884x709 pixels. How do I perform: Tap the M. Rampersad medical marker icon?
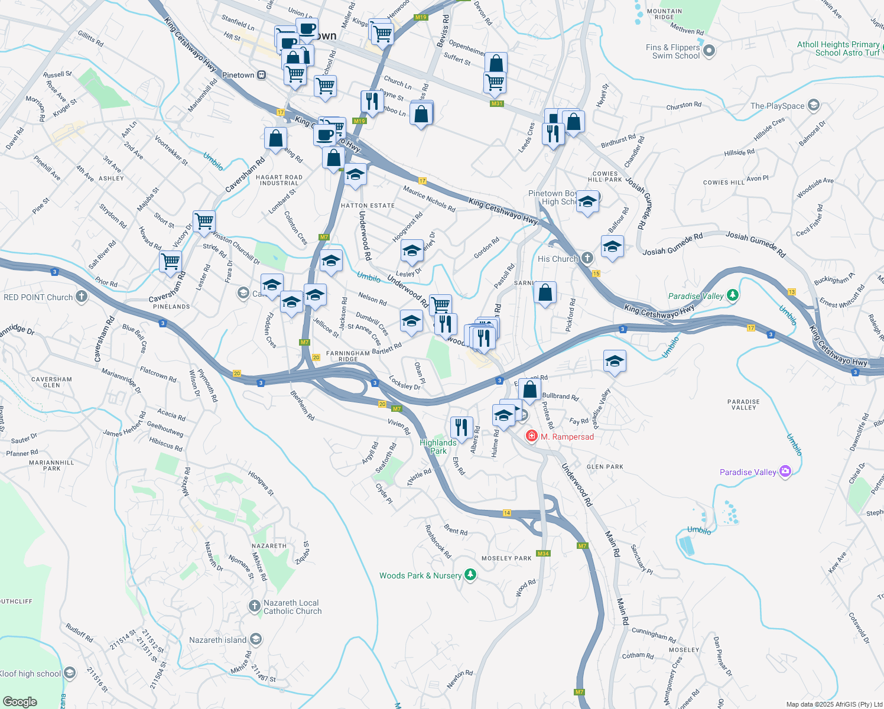(x=531, y=436)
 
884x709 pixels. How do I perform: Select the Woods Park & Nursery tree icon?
(x=470, y=575)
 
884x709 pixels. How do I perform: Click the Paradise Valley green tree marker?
(x=732, y=295)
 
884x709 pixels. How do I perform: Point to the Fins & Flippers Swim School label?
(x=672, y=51)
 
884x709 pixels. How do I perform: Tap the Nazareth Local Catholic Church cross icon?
(x=254, y=606)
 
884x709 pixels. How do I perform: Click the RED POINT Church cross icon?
(x=81, y=297)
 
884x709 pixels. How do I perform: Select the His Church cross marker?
(x=587, y=258)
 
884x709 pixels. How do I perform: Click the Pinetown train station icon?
(x=262, y=75)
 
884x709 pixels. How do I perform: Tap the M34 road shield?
(x=542, y=554)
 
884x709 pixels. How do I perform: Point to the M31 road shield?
(x=496, y=104)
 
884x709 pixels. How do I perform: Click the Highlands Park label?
(x=438, y=447)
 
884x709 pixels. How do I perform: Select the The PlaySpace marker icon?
(x=813, y=106)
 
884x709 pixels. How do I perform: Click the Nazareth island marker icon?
(x=255, y=639)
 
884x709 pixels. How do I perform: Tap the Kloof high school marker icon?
(x=69, y=673)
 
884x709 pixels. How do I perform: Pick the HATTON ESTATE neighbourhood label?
(x=368, y=206)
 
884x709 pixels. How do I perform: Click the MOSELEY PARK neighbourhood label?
(x=506, y=558)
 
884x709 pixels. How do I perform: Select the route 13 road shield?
(x=792, y=292)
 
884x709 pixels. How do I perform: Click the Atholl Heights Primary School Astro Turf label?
(x=838, y=48)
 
